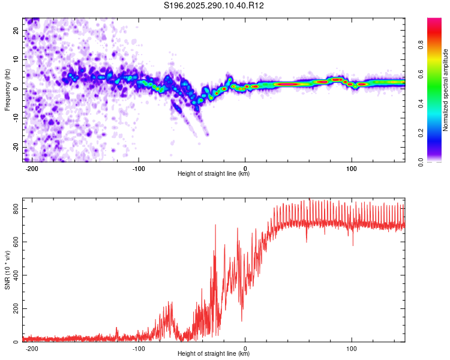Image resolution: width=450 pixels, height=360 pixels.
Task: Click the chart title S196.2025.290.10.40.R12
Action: pyautogui.click(x=214, y=5)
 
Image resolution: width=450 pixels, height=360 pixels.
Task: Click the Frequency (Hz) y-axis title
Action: pyautogui.click(x=7, y=89)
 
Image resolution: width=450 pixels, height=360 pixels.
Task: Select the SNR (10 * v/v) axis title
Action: pyautogui.click(x=7, y=271)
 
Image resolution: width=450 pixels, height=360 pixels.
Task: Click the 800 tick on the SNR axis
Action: pyautogui.click(x=16, y=208)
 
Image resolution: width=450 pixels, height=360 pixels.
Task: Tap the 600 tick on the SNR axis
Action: pyautogui.click(x=16, y=242)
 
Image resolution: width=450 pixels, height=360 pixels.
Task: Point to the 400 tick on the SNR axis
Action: pyautogui.click(x=16, y=275)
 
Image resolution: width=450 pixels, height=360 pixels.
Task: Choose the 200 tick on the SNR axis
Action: pyautogui.click(x=16, y=308)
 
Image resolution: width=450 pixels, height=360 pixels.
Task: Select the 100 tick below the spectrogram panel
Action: pyautogui.click(x=352, y=168)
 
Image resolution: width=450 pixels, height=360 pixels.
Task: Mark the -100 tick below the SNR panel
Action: pyautogui.click(x=139, y=349)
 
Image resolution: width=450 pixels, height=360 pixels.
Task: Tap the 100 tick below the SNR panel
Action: pyautogui.click(x=352, y=349)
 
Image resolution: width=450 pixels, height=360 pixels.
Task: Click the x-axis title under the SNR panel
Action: pyautogui.click(x=214, y=354)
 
